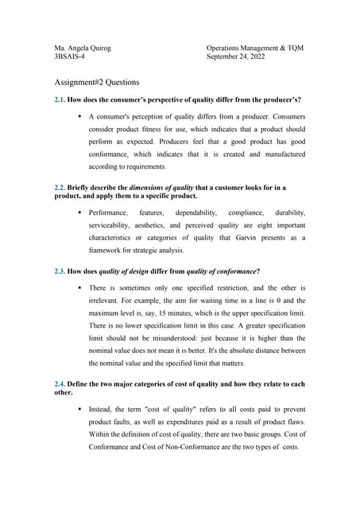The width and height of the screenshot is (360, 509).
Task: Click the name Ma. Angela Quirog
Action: (83, 48)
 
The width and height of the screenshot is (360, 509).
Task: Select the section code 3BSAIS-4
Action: (69, 57)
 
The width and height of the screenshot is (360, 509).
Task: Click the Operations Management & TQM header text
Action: (254, 48)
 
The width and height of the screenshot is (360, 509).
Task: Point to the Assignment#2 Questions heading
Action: (97, 82)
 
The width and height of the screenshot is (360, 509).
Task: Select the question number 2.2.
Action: (60, 187)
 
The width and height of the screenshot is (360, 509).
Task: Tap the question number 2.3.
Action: (60, 271)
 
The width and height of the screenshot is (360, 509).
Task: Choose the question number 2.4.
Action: (60, 384)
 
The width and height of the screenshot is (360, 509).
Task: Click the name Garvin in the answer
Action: (236, 238)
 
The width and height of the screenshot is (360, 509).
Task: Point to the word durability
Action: (289, 213)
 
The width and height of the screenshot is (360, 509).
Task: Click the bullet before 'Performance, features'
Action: (80, 213)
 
